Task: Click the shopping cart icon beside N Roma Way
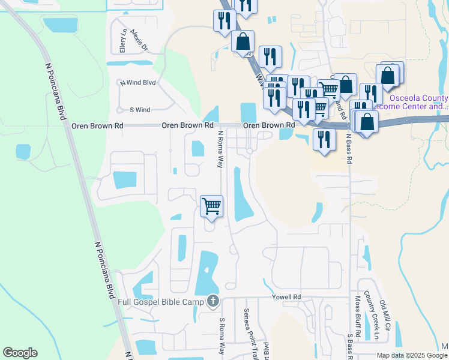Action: (211, 206)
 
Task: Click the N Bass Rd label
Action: (348, 149)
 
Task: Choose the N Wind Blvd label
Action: (138, 83)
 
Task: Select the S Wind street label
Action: (140, 110)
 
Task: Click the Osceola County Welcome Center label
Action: (418, 102)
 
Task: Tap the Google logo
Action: (20, 353)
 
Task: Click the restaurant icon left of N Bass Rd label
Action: (324, 139)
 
